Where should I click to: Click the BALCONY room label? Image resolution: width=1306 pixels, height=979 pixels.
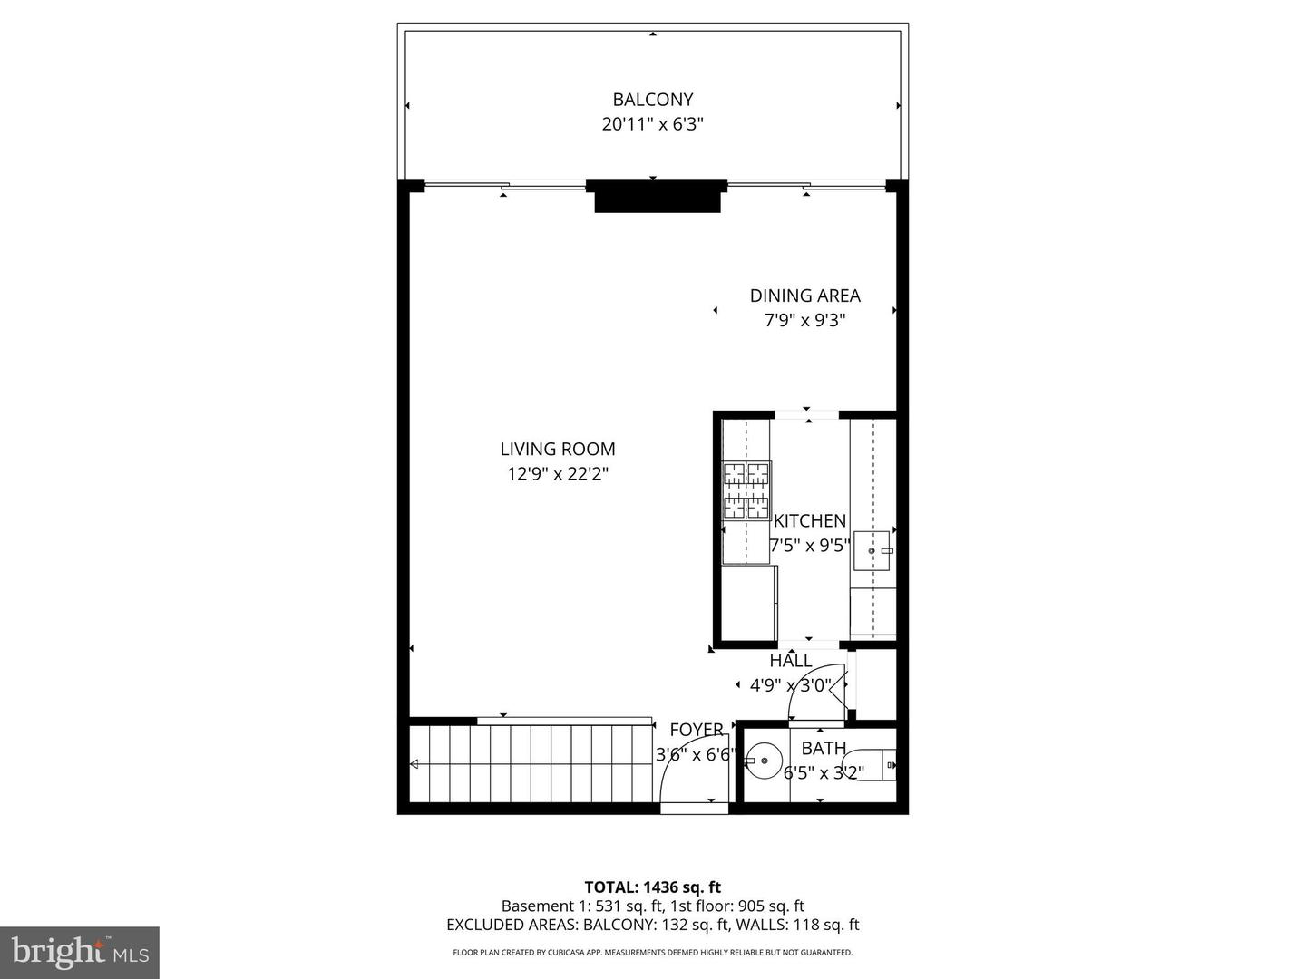tap(652, 100)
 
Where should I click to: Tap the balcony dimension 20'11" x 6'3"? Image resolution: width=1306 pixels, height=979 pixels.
tap(652, 124)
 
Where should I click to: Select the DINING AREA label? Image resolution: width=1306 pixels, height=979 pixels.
tap(804, 296)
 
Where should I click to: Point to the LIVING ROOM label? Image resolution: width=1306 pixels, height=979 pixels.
tap(558, 449)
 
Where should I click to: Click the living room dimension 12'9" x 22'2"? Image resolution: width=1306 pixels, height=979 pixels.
tap(558, 473)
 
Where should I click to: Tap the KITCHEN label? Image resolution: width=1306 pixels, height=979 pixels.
tap(810, 521)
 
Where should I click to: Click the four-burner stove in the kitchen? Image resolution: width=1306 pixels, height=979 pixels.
tap(746, 490)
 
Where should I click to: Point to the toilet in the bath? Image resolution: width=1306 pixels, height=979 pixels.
tap(879, 764)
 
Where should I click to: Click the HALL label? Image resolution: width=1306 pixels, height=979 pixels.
tap(791, 661)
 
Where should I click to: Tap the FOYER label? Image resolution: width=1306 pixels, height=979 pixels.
tap(697, 730)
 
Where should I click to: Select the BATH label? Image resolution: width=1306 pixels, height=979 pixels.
tap(824, 749)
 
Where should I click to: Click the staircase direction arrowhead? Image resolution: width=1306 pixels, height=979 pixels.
tap(414, 765)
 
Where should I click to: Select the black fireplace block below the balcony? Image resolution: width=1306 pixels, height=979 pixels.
tap(657, 197)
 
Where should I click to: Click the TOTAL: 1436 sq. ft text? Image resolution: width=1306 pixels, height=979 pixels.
tap(652, 887)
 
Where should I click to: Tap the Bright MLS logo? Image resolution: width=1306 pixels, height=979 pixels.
tap(80, 952)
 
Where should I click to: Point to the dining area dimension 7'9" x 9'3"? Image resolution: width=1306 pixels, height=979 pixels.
tap(804, 320)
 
